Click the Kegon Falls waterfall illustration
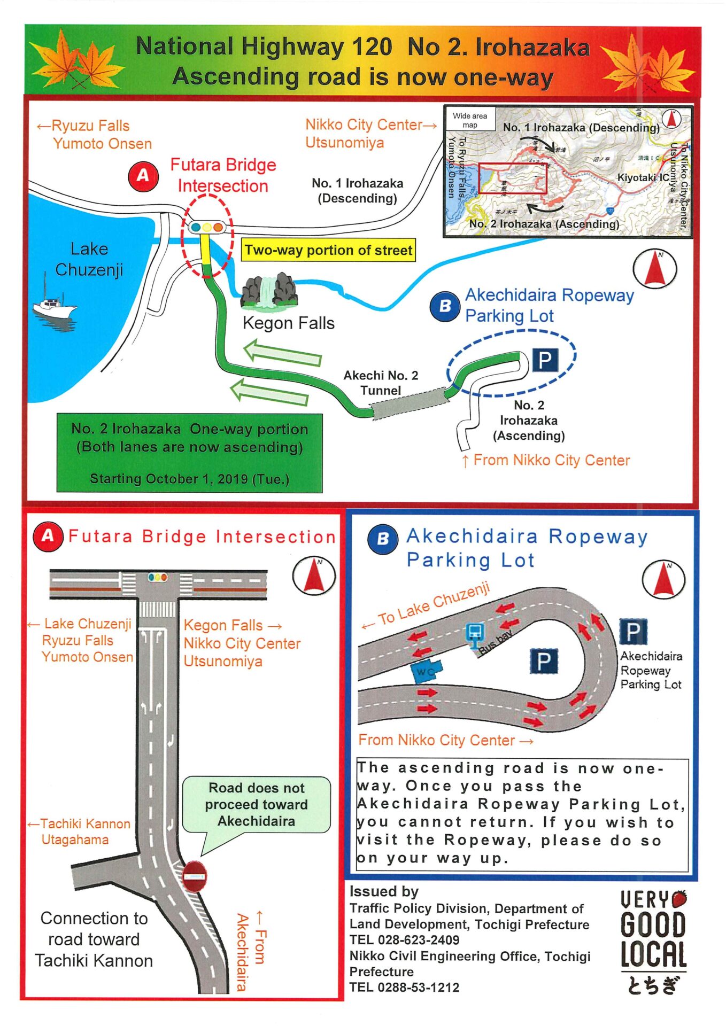pos(269,292)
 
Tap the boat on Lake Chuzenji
pos(55,306)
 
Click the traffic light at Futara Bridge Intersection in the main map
pos(206,228)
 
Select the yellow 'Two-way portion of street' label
pos(328,250)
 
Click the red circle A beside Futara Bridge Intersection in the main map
pos(143,176)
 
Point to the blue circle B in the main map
pos(445,306)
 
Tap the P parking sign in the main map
pos(545,360)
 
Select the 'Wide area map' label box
pos(470,120)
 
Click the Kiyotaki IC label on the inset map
pos(643,177)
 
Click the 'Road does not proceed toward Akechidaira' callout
pos(257,804)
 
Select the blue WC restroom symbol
pos(426,671)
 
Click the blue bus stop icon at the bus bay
pos(474,633)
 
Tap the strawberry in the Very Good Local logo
pos(679,898)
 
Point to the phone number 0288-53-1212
pos(419,987)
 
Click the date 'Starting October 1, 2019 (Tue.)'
pos(189,479)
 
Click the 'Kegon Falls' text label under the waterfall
pos(289,323)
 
